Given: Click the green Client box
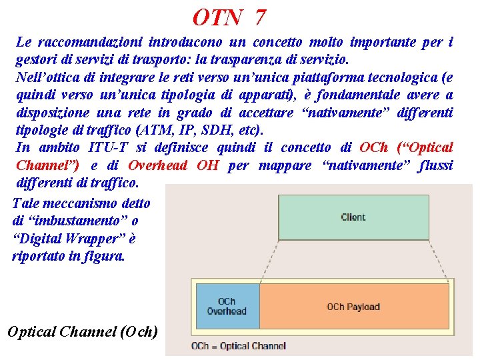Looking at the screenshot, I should (x=353, y=217).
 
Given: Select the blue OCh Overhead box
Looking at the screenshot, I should (x=227, y=307).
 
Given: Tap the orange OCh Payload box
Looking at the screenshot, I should (x=353, y=307).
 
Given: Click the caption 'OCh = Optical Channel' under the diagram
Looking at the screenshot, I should (x=238, y=346).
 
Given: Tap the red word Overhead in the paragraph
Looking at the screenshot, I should (x=157, y=165).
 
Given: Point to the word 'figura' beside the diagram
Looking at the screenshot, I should (x=107, y=255).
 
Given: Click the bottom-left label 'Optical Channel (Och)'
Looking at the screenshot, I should (x=81, y=331).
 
